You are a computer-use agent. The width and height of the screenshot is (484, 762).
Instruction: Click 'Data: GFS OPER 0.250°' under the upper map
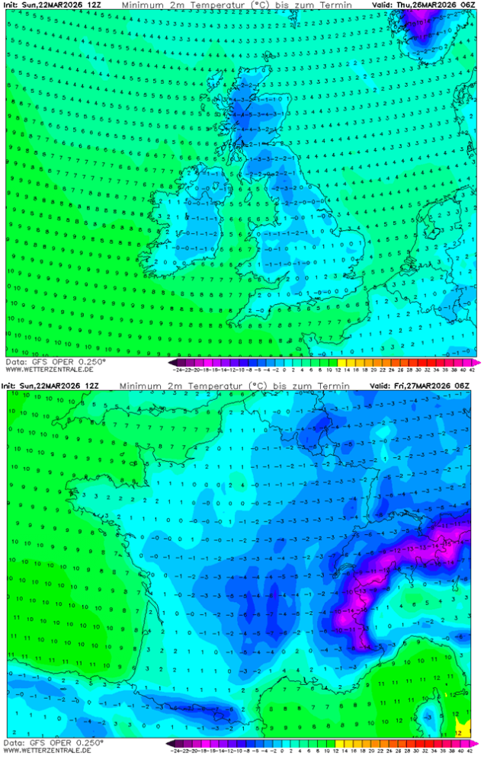click(55, 361)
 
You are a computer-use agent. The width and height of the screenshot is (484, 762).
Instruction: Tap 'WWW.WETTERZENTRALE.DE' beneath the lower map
click(49, 751)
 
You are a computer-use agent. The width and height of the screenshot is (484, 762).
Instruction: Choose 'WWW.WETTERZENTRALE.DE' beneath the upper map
click(49, 369)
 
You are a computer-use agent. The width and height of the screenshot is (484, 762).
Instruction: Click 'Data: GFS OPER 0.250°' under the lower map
click(55, 742)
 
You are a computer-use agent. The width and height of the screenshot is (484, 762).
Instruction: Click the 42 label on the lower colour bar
click(473, 751)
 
